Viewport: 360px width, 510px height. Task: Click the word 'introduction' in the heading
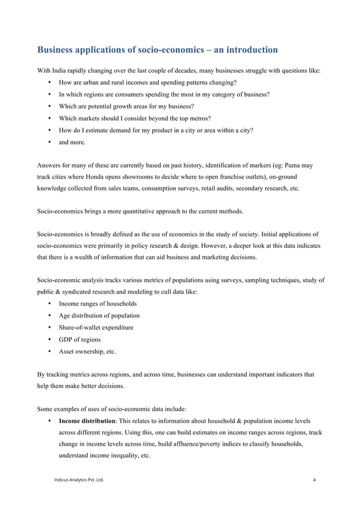(247, 50)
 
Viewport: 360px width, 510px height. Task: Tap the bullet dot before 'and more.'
(50, 142)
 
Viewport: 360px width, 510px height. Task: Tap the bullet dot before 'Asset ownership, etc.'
(50, 351)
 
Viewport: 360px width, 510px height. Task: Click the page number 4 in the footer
(314, 480)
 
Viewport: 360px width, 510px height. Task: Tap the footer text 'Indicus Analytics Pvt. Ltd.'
(78, 480)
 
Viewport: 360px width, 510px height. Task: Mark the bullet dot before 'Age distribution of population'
(50, 316)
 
